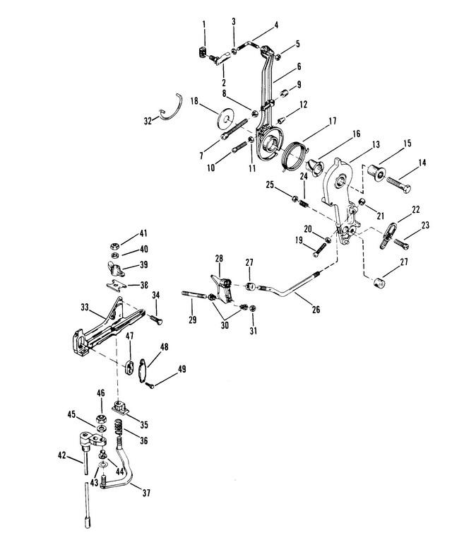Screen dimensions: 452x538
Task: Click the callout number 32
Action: (148, 121)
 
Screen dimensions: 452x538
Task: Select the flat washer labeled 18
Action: (225, 119)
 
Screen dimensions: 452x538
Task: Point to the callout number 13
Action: (376, 144)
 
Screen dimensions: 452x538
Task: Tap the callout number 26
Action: (316, 309)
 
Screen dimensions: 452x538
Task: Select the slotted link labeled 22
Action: (388, 235)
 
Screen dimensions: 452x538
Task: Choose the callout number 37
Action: (146, 493)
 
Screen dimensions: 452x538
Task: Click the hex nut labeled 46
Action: (101, 419)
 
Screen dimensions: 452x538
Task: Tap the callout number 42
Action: (61, 456)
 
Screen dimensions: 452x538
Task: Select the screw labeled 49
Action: (150, 386)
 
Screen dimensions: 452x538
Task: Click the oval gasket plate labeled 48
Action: (143, 370)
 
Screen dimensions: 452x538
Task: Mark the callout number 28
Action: (219, 258)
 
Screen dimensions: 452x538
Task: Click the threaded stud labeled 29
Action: (194, 293)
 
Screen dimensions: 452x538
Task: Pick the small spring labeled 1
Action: (203, 53)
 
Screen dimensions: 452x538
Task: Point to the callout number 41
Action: (143, 233)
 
